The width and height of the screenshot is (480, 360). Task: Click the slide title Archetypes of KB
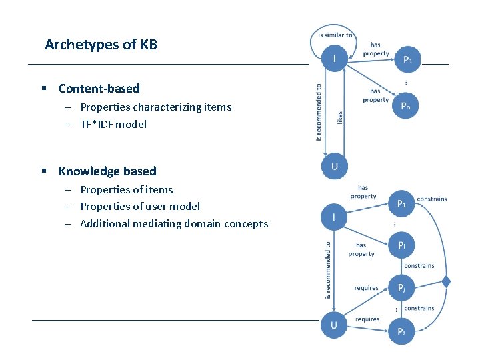pyautogui.click(x=101, y=45)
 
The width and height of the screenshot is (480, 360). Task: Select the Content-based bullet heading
pyautogui.click(x=99, y=89)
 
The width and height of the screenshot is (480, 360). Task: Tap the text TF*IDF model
pyautogui.click(x=113, y=124)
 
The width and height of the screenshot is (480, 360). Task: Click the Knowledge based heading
pyautogui.click(x=107, y=171)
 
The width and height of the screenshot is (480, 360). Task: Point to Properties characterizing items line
pyautogui.click(x=155, y=107)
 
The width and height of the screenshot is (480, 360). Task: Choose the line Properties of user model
pyautogui.click(x=139, y=207)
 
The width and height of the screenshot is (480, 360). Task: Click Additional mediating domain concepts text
pyautogui.click(x=173, y=224)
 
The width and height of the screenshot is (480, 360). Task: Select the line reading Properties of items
pyautogui.click(x=126, y=189)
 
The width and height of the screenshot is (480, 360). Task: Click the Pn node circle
pyautogui.click(x=406, y=106)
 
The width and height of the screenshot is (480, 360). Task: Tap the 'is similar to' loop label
pyautogui.click(x=335, y=35)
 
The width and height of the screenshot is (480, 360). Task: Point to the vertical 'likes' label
pyautogui.click(x=339, y=117)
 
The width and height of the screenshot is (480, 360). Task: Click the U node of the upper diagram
pyautogui.click(x=335, y=166)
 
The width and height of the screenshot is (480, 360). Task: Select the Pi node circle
pyautogui.click(x=402, y=246)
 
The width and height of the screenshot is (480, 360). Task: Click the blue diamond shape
pyautogui.click(x=446, y=282)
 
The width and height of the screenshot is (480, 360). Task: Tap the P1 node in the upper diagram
pyautogui.click(x=407, y=59)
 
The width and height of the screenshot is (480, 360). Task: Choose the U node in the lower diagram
pyautogui.click(x=334, y=325)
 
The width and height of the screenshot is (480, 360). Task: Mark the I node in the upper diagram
pyautogui.click(x=335, y=59)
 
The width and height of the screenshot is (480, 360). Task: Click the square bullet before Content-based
pyautogui.click(x=43, y=89)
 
